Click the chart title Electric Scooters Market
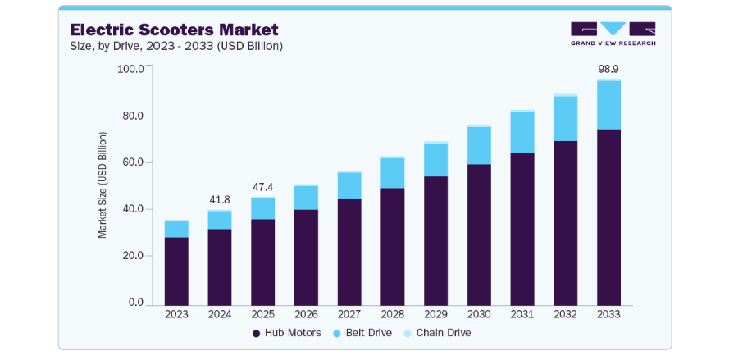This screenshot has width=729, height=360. (x=174, y=30)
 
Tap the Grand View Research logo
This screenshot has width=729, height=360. (x=613, y=34)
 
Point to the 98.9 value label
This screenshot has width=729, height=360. (x=608, y=70)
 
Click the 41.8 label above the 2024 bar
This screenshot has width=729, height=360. (x=220, y=200)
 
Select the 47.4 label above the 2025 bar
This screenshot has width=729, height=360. (x=262, y=187)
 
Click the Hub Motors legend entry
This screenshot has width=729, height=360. (x=286, y=333)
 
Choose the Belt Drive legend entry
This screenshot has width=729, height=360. (x=363, y=333)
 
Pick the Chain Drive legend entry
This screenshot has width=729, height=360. (x=438, y=333)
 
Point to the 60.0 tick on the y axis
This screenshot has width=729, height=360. (x=133, y=163)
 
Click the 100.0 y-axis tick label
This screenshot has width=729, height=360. (x=130, y=69)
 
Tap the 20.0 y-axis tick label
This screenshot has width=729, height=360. (x=133, y=257)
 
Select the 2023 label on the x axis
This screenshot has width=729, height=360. (x=176, y=314)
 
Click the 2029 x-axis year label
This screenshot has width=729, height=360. (x=435, y=314)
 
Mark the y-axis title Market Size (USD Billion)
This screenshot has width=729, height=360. (x=103, y=185)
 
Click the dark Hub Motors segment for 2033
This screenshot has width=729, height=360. (x=608, y=217)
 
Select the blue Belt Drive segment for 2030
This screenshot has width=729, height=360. (x=479, y=146)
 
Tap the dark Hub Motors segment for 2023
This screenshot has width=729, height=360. (x=176, y=271)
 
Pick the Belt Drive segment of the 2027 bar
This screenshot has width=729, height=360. (x=349, y=186)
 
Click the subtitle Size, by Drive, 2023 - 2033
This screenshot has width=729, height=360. (x=176, y=47)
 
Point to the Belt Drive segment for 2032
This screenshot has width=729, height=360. (x=565, y=119)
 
